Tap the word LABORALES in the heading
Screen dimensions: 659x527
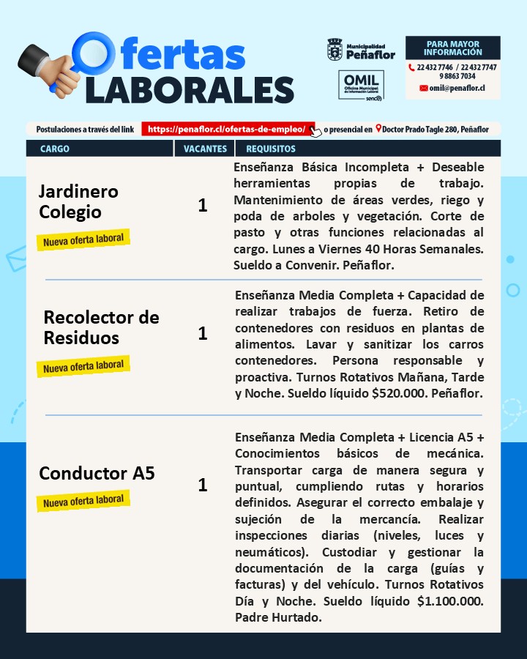point(190,89)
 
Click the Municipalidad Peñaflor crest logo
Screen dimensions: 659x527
point(334,51)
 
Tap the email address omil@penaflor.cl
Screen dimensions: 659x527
point(457,88)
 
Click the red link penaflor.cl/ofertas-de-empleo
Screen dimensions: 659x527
point(227,129)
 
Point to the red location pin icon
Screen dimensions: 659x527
point(378,129)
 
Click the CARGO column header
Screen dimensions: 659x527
point(55,149)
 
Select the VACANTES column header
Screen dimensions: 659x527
point(205,149)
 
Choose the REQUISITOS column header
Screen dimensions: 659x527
point(271,149)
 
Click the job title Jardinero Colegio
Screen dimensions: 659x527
point(78,201)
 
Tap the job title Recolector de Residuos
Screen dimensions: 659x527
point(101,327)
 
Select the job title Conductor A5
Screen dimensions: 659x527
point(97,473)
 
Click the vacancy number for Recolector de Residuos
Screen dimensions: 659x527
point(203,334)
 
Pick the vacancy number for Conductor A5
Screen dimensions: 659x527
point(203,485)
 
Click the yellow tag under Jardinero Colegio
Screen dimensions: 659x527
point(83,239)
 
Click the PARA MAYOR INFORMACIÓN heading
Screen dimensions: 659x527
point(452,48)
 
